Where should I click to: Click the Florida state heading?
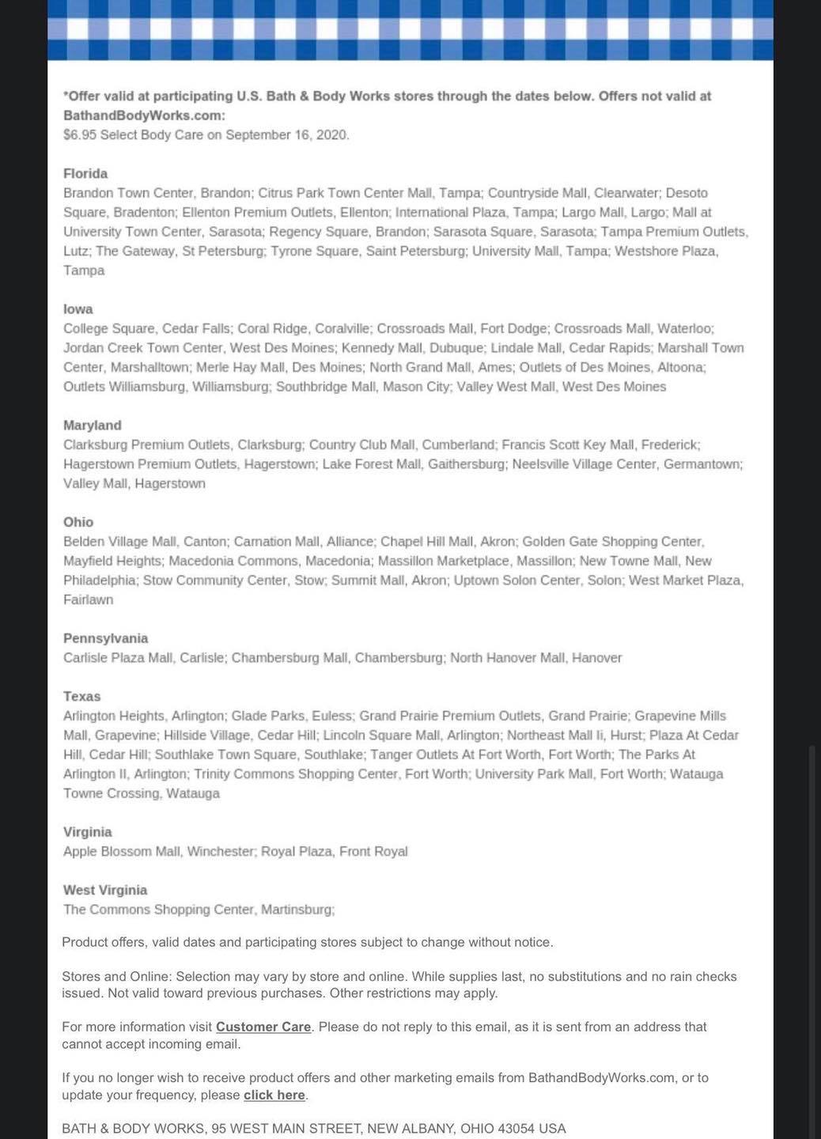[85, 173]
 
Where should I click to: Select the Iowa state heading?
[78, 308]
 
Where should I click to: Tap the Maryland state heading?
[93, 425]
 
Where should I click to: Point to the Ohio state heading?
[78, 522]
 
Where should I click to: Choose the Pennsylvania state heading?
[105, 638]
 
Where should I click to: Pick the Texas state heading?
[82, 696]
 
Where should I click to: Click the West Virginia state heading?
[105, 890]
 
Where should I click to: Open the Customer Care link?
[263, 1027]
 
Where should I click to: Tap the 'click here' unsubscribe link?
[274, 1095]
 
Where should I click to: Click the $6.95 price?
[80, 134]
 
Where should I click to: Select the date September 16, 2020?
[286, 134]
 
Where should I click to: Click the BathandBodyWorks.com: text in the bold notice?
[144, 115]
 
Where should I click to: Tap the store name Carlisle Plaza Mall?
[119, 657]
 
